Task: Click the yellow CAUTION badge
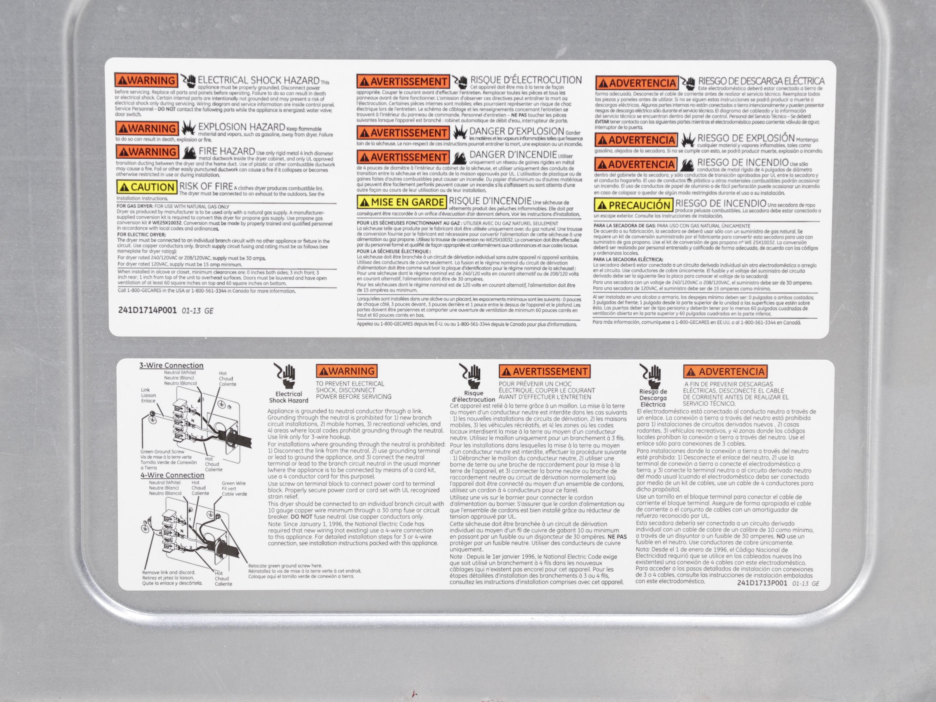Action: click(x=147, y=187)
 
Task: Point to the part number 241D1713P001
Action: click(x=762, y=583)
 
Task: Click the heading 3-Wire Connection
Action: click(x=171, y=365)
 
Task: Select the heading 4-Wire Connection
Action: click(x=172, y=475)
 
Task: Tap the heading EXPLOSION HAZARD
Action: click(x=242, y=127)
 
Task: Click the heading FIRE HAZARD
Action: click(x=227, y=151)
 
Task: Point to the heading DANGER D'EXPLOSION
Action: click(x=517, y=131)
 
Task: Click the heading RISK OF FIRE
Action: click(x=206, y=186)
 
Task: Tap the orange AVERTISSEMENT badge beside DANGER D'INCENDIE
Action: click(x=403, y=157)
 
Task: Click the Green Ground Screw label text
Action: click(x=163, y=451)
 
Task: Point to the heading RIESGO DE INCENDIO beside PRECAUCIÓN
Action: click(x=721, y=203)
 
